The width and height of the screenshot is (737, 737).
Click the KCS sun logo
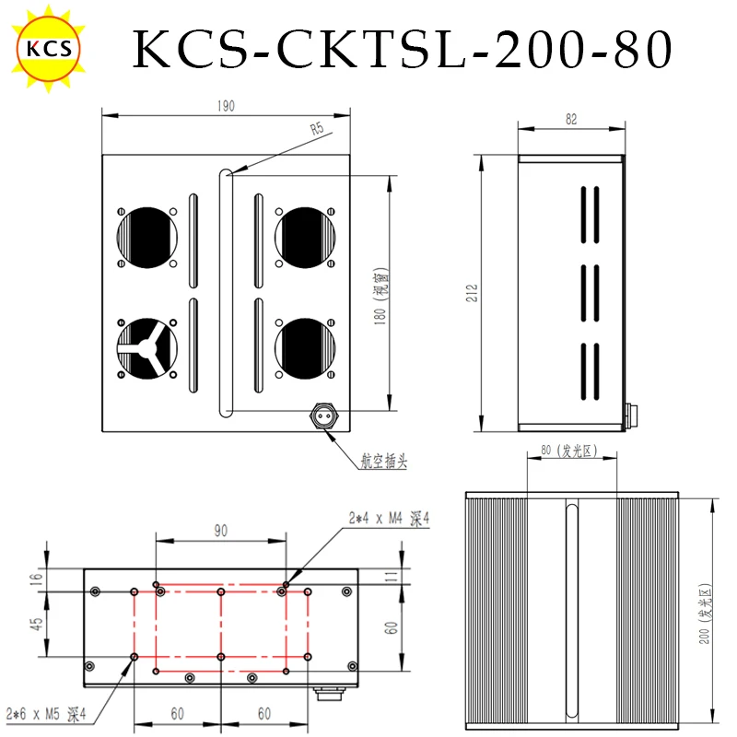(49, 48)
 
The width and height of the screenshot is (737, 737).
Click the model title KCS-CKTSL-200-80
(403, 49)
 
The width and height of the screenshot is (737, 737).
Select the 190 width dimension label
(226, 106)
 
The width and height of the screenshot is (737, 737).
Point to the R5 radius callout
(317, 128)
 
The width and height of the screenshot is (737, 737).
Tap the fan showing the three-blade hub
(147, 348)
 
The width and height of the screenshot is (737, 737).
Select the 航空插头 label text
(384, 461)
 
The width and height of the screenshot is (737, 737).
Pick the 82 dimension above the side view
(571, 120)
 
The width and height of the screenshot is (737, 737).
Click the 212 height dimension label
(472, 293)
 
